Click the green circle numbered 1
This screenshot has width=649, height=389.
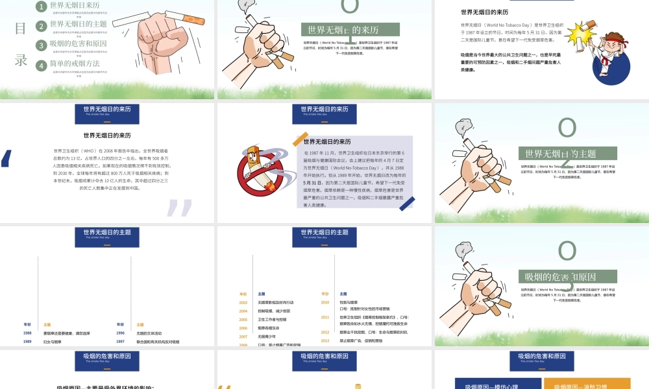(42, 6)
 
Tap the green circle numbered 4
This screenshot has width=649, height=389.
(42, 65)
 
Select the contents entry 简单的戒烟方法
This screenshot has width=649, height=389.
(75, 64)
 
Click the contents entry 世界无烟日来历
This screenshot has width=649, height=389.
(75, 5)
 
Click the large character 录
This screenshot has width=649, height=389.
(21, 60)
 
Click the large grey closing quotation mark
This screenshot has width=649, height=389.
(178, 207)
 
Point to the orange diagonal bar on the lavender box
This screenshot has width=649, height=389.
(300, 139)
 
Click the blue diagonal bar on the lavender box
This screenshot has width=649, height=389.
(407, 204)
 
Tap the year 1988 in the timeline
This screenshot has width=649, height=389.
(27, 333)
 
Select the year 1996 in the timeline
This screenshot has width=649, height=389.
(121, 333)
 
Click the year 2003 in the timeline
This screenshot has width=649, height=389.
(243, 302)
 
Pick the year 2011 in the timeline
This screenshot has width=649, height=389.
(325, 317)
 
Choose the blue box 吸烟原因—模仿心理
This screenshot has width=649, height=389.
(496, 385)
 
